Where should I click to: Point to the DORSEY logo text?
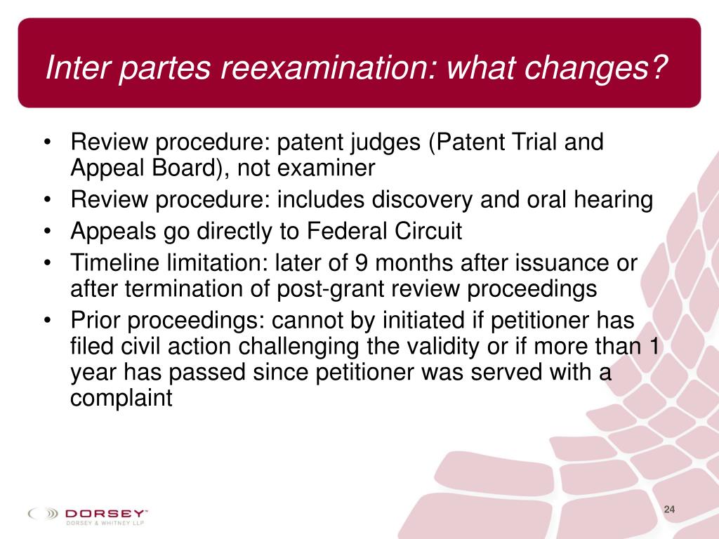(105, 512)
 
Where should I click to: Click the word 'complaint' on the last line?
(121, 397)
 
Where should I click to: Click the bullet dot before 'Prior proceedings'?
(46, 320)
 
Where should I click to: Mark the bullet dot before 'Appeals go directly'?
(46, 232)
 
